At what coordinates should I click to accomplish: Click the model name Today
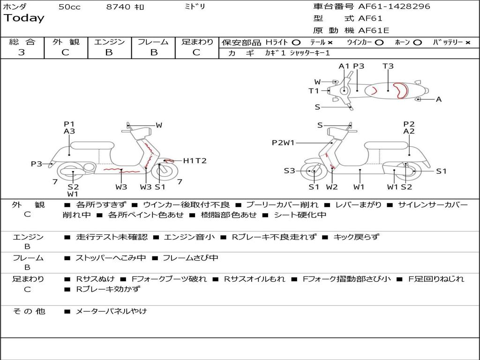(x=24, y=18)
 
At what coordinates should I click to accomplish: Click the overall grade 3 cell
(x=22, y=52)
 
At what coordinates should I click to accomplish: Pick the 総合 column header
(x=22, y=42)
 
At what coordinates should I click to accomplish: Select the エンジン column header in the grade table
(x=109, y=42)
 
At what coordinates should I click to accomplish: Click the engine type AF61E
(x=374, y=31)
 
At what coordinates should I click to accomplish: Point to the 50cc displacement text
(x=69, y=7)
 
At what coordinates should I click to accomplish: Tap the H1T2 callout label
(x=195, y=161)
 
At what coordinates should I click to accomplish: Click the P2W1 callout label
(x=283, y=143)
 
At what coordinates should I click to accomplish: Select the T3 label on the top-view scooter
(x=388, y=66)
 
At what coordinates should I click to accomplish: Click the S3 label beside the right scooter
(x=289, y=171)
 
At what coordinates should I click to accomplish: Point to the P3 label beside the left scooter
(x=37, y=164)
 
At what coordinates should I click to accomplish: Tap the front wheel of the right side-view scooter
(x=313, y=172)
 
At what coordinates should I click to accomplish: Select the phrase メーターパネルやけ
(x=111, y=311)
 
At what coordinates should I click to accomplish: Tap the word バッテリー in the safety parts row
(x=448, y=42)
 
